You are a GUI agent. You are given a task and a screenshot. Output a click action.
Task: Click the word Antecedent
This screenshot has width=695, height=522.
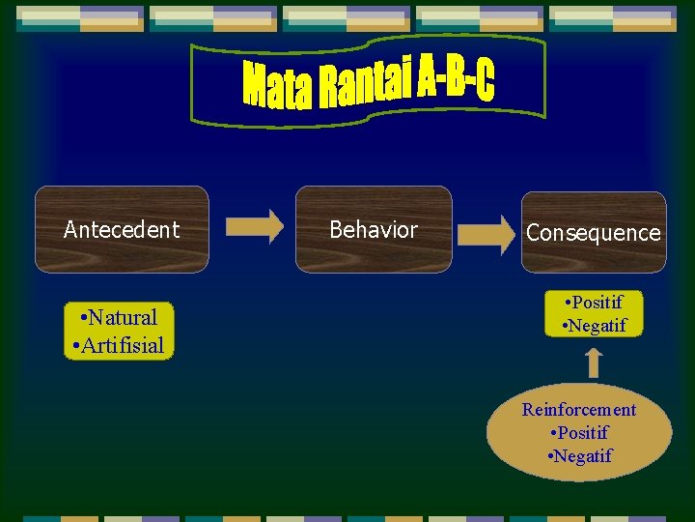pos(122,229)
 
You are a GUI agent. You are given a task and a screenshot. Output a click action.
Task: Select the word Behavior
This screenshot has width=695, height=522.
pos(374,229)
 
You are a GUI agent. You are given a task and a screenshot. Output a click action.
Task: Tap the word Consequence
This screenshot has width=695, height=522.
pos(594,233)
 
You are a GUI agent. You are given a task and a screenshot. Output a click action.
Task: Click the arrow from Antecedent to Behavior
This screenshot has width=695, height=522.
pos(255,226)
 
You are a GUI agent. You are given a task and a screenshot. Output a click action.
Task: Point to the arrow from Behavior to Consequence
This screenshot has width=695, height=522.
pos(486,233)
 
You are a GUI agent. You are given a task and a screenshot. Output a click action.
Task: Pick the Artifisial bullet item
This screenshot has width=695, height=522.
pos(118,345)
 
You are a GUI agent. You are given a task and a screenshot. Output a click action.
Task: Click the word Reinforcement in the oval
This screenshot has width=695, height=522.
pos(579,409)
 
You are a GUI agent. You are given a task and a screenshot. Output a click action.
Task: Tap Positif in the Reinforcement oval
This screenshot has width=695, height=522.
pos(579,432)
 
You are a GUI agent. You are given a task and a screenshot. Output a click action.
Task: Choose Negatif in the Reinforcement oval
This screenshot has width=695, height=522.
pos(580,455)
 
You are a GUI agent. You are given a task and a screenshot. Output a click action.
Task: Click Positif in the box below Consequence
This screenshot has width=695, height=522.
pos(594,304)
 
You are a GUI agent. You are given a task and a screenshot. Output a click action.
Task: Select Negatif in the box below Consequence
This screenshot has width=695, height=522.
pos(594,326)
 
